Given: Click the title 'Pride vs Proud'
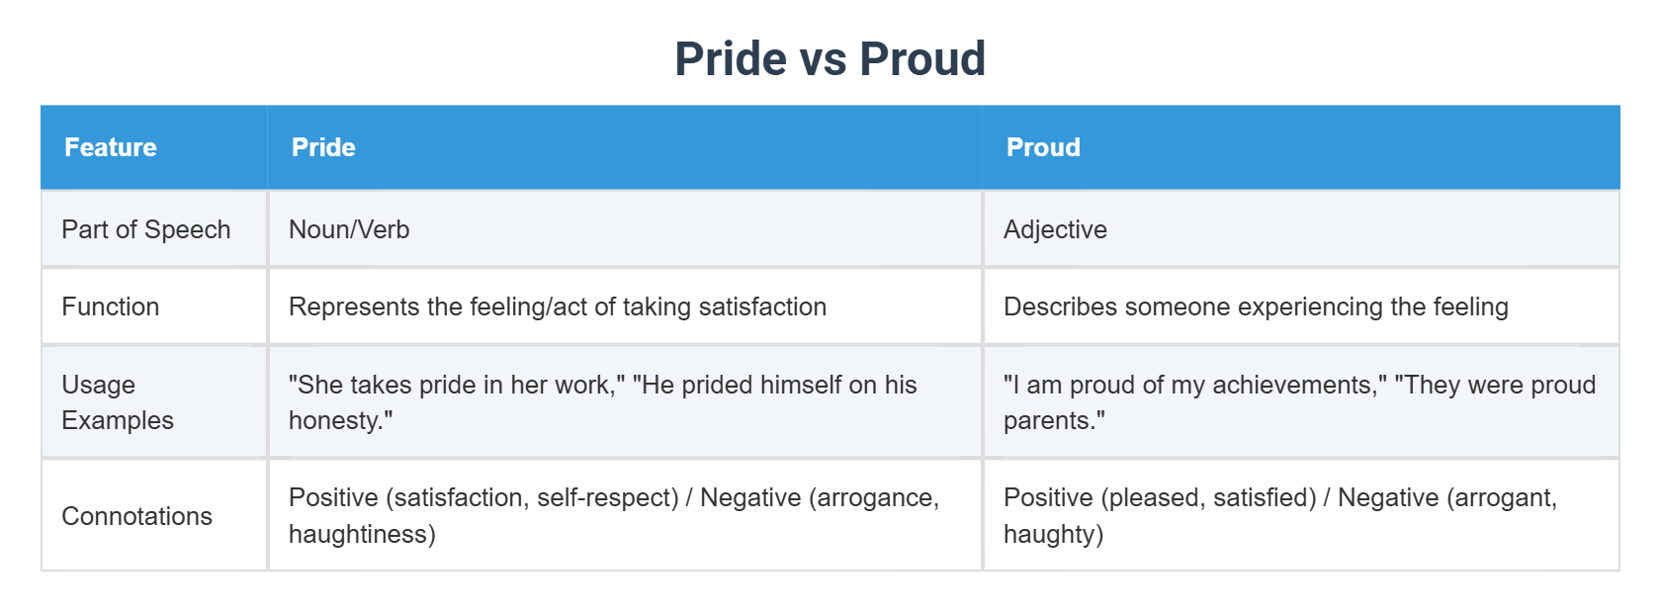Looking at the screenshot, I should (830, 58).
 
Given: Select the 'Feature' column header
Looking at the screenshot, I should (111, 147).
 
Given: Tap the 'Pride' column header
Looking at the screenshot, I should (323, 147).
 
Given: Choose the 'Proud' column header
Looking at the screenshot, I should (1043, 147).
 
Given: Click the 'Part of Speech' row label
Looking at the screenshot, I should (145, 229).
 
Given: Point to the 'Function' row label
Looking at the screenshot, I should (110, 306).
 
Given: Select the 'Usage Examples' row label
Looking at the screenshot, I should (117, 402).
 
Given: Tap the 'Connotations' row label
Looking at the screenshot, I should (136, 516).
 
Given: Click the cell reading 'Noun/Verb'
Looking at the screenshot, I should (349, 229).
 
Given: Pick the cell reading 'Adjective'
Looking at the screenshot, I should (1055, 229).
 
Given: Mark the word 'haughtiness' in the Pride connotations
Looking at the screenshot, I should (357, 534).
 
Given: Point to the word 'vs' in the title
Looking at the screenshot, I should (823, 58).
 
